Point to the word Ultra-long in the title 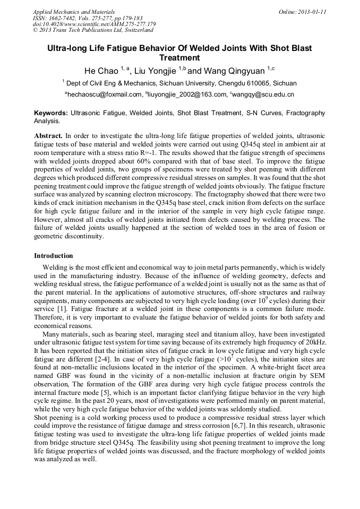coord(67,48)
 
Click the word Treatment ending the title coord(179,58)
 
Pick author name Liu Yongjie coord(155,71)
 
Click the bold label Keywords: coord(51,113)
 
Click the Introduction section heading coord(54,256)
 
